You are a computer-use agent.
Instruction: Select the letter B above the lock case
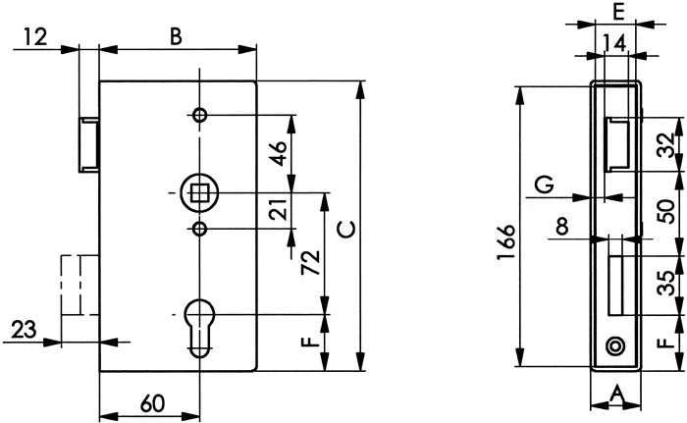(x=176, y=37)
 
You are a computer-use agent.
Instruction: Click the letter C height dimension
(x=344, y=229)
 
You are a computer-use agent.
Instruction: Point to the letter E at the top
(x=615, y=12)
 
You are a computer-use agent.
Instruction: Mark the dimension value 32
(x=665, y=145)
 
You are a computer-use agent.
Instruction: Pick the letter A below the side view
(x=616, y=394)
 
